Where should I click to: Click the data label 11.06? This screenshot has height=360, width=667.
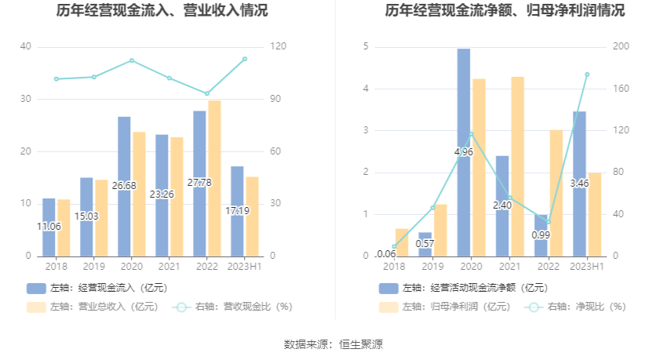click(49, 227)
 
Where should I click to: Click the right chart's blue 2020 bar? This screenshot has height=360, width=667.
click(464, 102)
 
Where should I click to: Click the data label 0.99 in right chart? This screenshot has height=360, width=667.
click(541, 235)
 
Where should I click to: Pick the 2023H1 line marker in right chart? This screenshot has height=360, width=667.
click(587, 75)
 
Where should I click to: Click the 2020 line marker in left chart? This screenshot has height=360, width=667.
click(132, 60)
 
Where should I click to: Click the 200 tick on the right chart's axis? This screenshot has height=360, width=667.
click(621, 47)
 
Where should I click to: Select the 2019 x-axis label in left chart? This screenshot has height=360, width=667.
click(93, 267)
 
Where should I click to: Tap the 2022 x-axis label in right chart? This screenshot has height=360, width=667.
click(549, 267)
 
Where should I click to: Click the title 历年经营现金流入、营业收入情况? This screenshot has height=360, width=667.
click(162, 11)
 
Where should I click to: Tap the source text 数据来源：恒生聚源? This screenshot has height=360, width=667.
click(333, 344)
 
